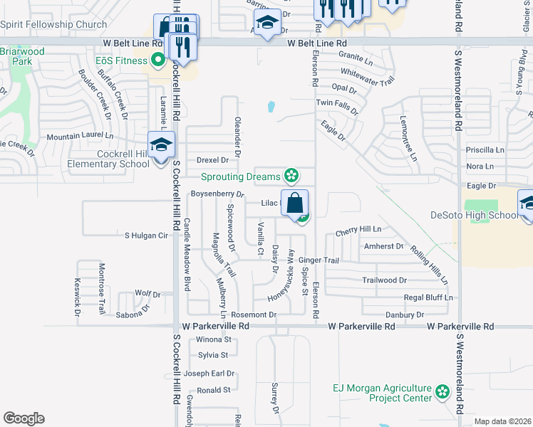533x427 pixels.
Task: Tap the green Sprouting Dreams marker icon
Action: [291, 175]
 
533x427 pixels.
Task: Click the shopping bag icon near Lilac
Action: [295, 204]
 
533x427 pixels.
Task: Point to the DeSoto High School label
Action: [475, 215]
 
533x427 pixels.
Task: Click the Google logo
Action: [24, 418]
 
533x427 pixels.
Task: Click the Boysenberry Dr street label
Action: [217, 194]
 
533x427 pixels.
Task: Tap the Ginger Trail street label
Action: [319, 260]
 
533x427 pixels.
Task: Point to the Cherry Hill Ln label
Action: [358, 230]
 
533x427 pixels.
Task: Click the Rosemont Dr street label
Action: [253, 315]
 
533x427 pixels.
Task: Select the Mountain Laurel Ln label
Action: [80, 135]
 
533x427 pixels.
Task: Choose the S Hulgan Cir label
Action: [146, 235]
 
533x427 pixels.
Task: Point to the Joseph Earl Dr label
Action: [209, 374]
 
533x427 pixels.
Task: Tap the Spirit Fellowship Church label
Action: [53, 23]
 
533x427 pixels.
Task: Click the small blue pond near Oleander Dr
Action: [271, 107]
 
